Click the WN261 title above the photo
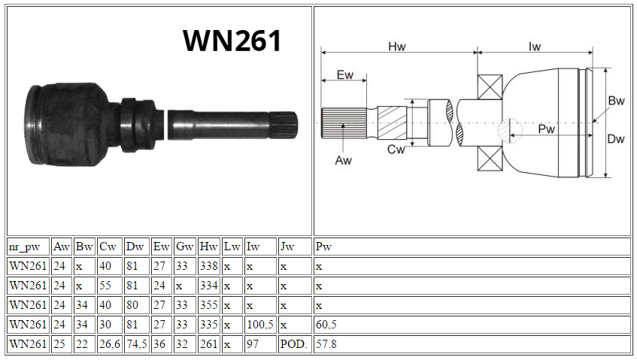(232, 41)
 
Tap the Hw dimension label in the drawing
(397, 47)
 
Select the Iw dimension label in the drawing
(535, 47)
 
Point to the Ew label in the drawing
(345, 74)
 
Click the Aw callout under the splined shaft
(343, 160)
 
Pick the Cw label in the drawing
(396, 150)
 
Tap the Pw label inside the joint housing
(547, 129)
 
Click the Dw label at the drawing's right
(615, 139)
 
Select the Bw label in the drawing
(616, 101)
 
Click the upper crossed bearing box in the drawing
(490, 87)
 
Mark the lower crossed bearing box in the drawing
(490, 159)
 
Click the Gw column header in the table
(185, 247)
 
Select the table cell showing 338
(209, 266)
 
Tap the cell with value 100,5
(260, 324)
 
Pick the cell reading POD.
(294, 343)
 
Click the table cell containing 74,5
(137, 343)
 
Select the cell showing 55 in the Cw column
(110, 286)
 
